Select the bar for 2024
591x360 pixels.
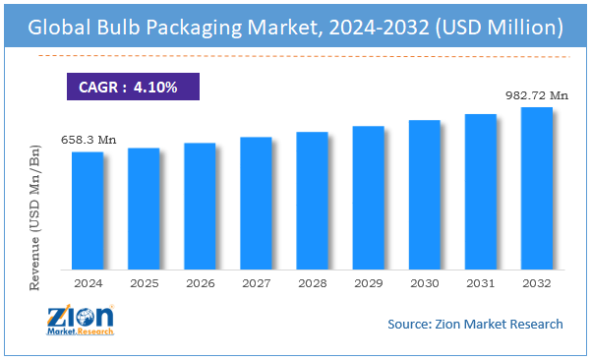pyautogui.click(x=88, y=210)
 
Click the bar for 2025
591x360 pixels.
pyautogui.click(x=144, y=209)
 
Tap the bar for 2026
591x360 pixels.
pyautogui.click(x=200, y=206)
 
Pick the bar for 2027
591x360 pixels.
pyautogui.click(x=256, y=203)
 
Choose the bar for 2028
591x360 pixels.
pyautogui.click(x=312, y=201)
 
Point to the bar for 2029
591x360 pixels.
pyautogui.click(x=368, y=198)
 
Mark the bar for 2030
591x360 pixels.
pyautogui.click(x=424, y=195)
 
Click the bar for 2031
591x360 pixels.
pyautogui.click(x=480, y=192)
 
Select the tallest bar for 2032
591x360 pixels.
pyautogui.click(x=536, y=188)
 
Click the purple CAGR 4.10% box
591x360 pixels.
pyautogui.click(x=133, y=88)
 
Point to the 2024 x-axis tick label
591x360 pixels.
pyautogui.click(x=88, y=283)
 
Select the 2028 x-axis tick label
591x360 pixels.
pyautogui.click(x=312, y=283)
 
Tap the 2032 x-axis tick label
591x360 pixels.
pyautogui.click(x=536, y=283)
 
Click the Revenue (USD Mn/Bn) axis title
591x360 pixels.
pyautogui.click(x=36, y=217)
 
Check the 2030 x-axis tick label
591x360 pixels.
pyautogui.click(x=424, y=283)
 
